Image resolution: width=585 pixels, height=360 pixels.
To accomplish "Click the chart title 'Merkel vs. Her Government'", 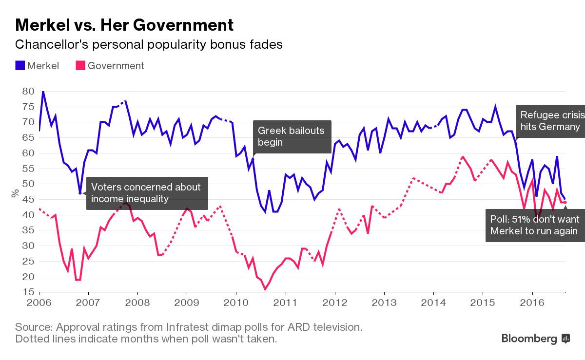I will point(124,25).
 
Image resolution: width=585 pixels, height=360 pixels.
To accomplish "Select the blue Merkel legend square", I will point(20,65).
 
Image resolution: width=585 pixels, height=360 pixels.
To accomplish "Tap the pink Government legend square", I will point(80,65).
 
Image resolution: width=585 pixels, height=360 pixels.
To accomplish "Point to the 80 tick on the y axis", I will point(28,91).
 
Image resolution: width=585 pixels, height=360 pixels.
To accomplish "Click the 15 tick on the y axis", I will point(28,292).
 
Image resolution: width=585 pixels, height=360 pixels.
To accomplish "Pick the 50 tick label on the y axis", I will point(28,184).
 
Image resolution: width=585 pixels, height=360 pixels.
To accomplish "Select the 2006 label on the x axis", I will point(39,303).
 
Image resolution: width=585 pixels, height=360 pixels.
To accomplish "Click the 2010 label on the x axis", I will point(236,303).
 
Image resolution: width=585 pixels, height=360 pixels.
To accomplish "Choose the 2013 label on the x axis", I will point(384,303).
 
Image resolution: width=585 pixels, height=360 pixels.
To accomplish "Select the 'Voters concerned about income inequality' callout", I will point(147,193).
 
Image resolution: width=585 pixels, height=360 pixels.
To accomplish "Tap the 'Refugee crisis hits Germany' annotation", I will point(550,121).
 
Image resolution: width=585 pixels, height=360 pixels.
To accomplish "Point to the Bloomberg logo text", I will point(530,338).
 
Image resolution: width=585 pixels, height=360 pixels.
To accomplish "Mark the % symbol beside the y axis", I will point(16,193).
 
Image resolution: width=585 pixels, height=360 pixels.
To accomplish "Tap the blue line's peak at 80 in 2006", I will point(43,91).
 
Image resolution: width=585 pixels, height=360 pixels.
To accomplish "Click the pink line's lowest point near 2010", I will point(265,289).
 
